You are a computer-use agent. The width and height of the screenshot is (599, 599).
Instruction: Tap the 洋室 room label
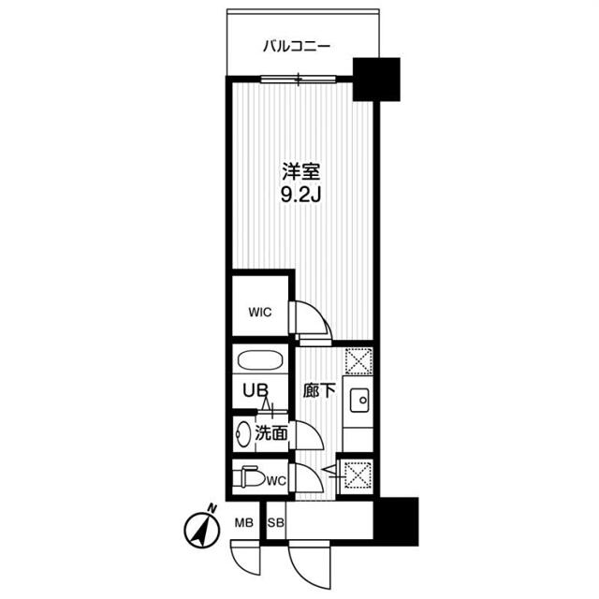click(x=301, y=172)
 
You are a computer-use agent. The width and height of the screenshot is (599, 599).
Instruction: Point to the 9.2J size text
click(x=301, y=196)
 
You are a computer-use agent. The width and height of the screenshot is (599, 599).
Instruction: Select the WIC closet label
click(x=259, y=314)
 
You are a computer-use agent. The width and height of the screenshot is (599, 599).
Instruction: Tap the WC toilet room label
click(x=275, y=481)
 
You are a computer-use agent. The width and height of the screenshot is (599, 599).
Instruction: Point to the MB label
click(x=243, y=522)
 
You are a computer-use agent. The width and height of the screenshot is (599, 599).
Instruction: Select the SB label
click(x=276, y=522)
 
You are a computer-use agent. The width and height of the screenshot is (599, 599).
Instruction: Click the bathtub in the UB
click(x=260, y=362)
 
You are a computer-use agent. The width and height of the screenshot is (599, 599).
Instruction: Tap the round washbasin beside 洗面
click(x=245, y=433)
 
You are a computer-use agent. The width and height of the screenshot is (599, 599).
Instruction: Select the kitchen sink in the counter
click(x=358, y=402)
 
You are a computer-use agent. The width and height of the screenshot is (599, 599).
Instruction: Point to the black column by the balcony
click(x=376, y=80)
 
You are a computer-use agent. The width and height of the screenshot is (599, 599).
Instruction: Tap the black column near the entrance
click(x=394, y=518)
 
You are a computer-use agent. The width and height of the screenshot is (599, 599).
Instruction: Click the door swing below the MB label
click(x=247, y=558)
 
